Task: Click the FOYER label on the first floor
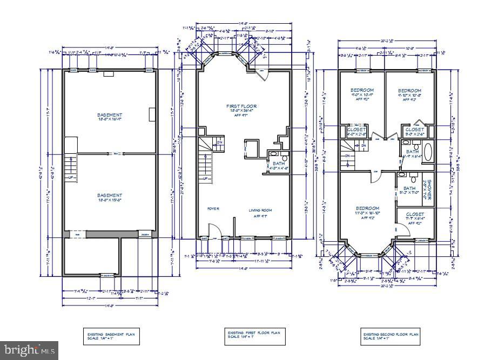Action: click(x=213, y=208)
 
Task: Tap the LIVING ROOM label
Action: click(x=261, y=210)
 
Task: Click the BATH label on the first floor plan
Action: click(x=279, y=163)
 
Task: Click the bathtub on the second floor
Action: click(x=428, y=152)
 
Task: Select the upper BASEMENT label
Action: click(x=110, y=115)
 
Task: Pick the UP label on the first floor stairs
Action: click(x=205, y=179)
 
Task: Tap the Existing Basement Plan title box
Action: click(x=110, y=336)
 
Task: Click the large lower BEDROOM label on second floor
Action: click(x=367, y=208)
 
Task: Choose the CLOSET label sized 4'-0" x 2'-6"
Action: click(x=356, y=130)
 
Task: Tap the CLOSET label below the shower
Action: click(x=415, y=214)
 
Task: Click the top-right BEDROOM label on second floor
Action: click(x=409, y=90)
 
